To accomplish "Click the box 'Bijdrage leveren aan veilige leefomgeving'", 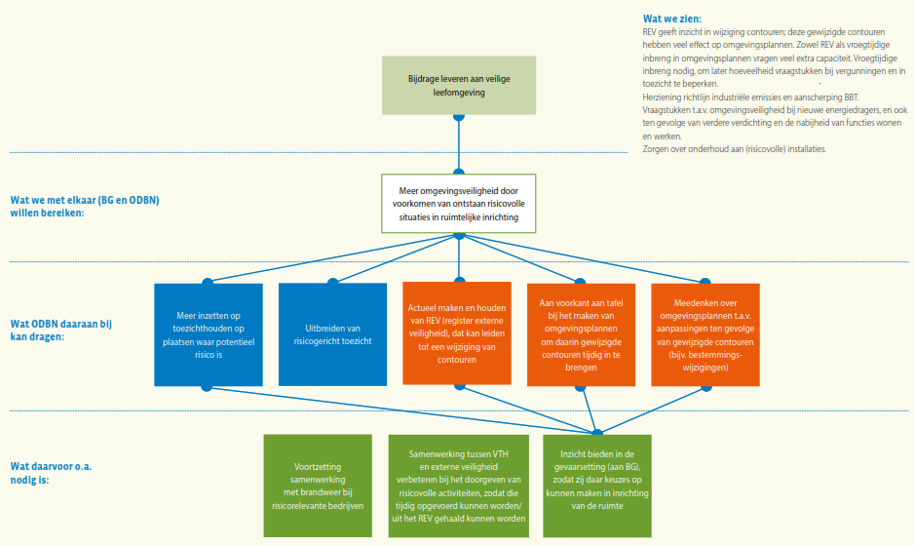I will click(x=458, y=85).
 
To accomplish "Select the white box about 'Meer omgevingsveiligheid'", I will click(x=457, y=203).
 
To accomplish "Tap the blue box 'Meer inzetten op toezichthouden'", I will click(x=209, y=333).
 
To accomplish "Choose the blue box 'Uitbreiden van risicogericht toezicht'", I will click(x=333, y=333).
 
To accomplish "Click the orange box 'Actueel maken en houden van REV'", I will click(x=457, y=333).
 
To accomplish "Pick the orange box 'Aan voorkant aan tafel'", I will click(x=581, y=333).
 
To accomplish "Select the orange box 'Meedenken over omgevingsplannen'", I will click(x=705, y=333).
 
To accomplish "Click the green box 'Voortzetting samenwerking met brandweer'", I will click(x=318, y=486).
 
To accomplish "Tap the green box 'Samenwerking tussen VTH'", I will click(x=457, y=486).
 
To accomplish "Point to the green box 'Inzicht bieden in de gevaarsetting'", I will click(x=596, y=486).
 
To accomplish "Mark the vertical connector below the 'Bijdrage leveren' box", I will click(x=457, y=141).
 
